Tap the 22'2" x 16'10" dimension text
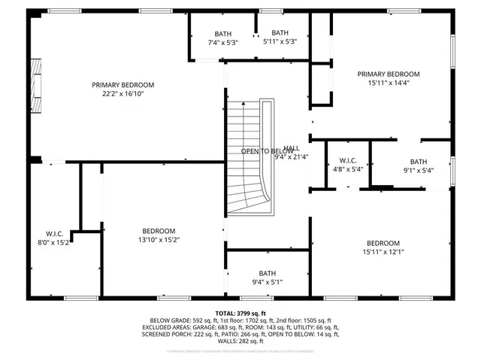123,95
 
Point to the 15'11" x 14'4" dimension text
389,84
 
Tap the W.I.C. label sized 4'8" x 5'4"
348,161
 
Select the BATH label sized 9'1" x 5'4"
418,162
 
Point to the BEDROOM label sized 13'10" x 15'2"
159,231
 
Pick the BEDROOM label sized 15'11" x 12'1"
383,243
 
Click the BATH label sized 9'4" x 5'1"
268,274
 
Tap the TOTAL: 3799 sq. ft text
240,313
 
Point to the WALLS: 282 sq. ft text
240,342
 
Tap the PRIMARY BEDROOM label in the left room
123,85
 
